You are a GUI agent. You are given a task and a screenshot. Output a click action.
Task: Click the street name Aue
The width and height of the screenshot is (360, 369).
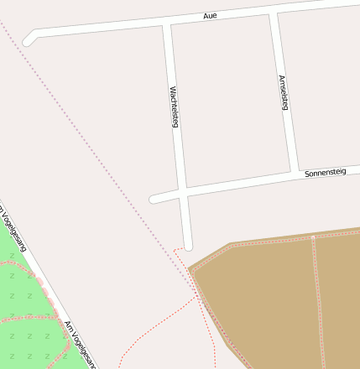(211, 16)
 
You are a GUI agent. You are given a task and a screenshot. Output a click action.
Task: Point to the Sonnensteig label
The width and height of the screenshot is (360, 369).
(325, 172)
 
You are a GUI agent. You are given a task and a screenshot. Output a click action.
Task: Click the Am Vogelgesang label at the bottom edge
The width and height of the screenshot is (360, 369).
(81, 344)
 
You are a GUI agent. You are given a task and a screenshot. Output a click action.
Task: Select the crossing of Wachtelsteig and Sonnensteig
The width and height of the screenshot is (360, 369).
(183, 193)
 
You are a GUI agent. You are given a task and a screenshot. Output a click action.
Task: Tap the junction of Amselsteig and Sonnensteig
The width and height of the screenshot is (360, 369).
(295, 176)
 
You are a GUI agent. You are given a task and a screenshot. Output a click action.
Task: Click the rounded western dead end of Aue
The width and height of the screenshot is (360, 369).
(29, 39)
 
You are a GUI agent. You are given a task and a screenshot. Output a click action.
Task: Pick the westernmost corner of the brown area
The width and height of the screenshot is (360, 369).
(190, 270)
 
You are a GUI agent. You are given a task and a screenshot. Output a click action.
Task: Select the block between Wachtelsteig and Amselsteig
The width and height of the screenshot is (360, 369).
(227, 101)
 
